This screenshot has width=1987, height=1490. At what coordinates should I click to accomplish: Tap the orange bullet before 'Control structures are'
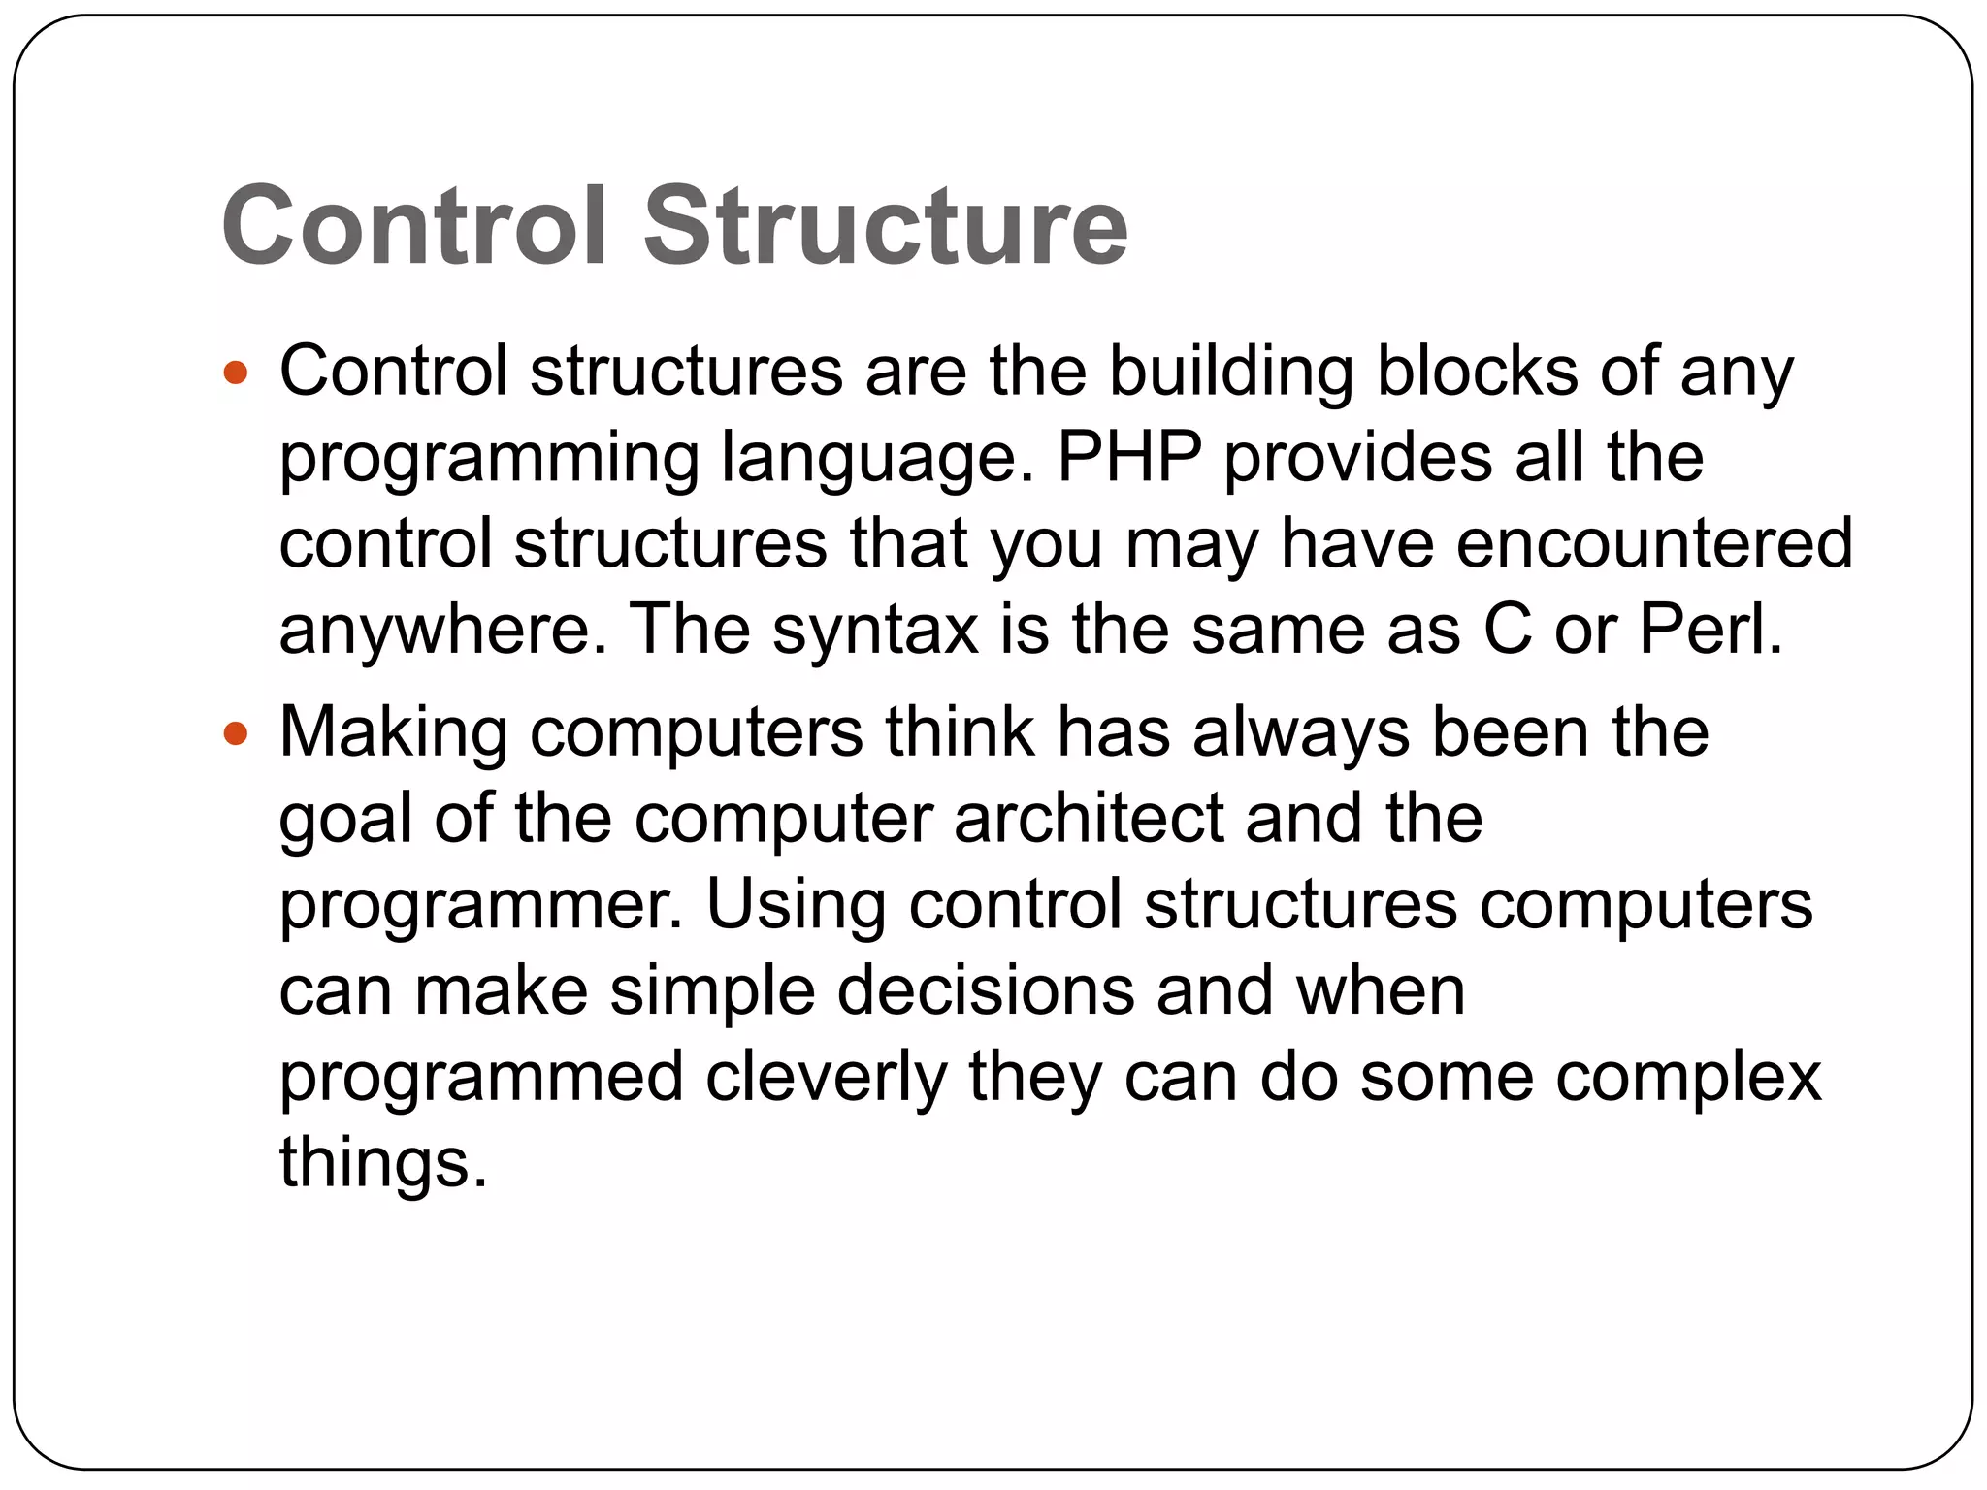click(x=236, y=372)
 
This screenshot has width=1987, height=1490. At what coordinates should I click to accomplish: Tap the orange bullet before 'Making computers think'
click(x=236, y=733)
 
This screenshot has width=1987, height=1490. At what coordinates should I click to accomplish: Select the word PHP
click(x=1128, y=457)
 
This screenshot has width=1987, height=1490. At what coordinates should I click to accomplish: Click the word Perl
click(x=1710, y=630)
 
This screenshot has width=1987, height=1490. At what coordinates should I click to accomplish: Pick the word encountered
click(x=1654, y=543)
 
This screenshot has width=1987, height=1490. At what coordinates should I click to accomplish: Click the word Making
click(x=393, y=733)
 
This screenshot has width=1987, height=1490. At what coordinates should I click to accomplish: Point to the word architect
click(x=1089, y=819)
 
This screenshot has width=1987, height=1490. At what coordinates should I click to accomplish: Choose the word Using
click(x=796, y=906)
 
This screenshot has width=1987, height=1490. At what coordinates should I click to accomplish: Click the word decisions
click(x=985, y=991)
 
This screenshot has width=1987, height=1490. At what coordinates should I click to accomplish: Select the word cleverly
click(x=826, y=1079)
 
